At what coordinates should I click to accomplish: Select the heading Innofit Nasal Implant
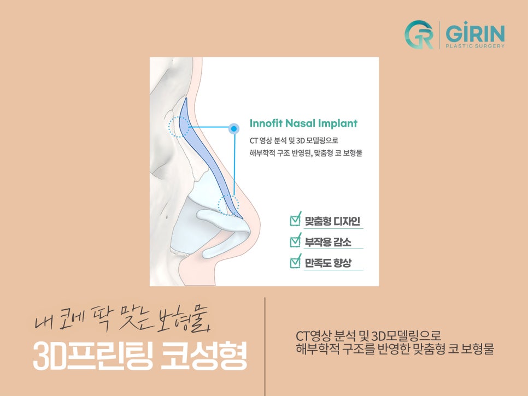click(x=303, y=123)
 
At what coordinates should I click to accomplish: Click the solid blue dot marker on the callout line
click(x=234, y=129)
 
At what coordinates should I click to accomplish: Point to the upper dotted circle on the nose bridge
click(x=178, y=127)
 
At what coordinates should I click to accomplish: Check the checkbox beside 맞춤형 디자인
click(x=296, y=220)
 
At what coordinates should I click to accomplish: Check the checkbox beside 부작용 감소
click(x=296, y=240)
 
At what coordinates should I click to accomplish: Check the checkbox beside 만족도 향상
click(x=296, y=261)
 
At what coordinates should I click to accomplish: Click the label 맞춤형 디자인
click(x=332, y=222)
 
